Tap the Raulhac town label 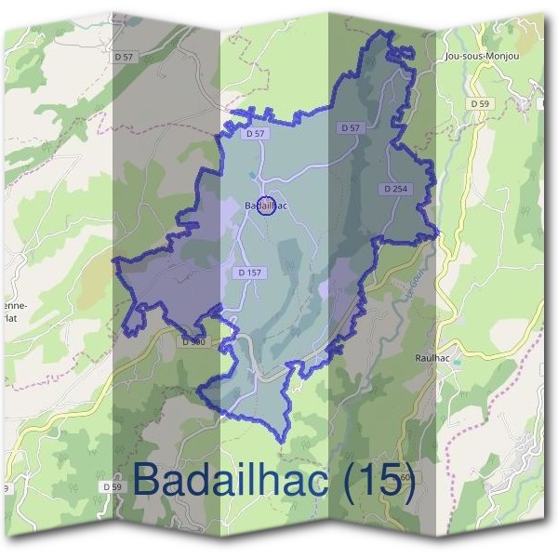pyautogui.click(x=432, y=356)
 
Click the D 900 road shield pyautogui.click(x=193, y=341)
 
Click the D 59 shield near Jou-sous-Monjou pyautogui.click(x=480, y=103)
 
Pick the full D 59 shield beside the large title pyautogui.click(x=112, y=486)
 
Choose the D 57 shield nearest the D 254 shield pyautogui.click(x=351, y=127)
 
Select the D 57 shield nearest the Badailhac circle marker pyautogui.click(x=257, y=134)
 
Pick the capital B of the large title pyautogui.click(x=148, y=479)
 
